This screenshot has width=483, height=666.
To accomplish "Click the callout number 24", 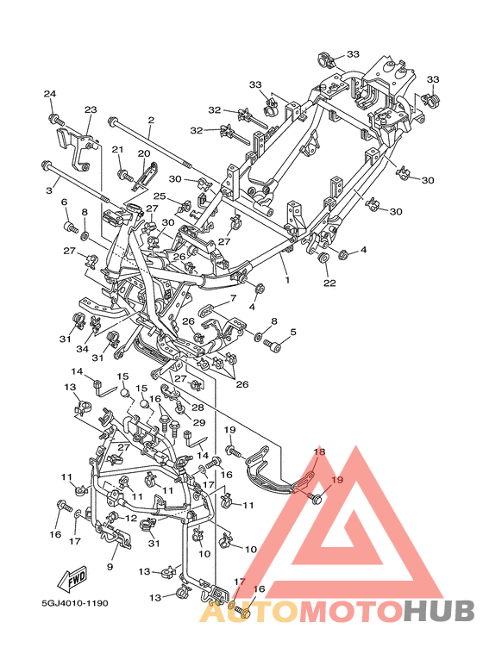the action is click(x=50, y=93).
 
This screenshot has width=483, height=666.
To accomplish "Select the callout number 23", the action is click(x=91, y=109).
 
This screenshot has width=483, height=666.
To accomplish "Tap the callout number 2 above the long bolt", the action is click(x=151, y=121).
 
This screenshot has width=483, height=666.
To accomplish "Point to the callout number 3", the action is click(x=49, y=190).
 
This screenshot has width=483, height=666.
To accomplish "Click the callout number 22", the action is click(x=329, y=283).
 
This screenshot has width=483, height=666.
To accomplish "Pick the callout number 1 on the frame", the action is click(x=287, y=280).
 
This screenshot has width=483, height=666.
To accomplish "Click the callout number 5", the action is click(x=293, y=333).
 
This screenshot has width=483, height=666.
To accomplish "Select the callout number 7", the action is click(x=233, y=299).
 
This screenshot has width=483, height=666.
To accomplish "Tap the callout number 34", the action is click(x=82, y=349).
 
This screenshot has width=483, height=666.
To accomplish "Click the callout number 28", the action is click(x=198, y=408).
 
